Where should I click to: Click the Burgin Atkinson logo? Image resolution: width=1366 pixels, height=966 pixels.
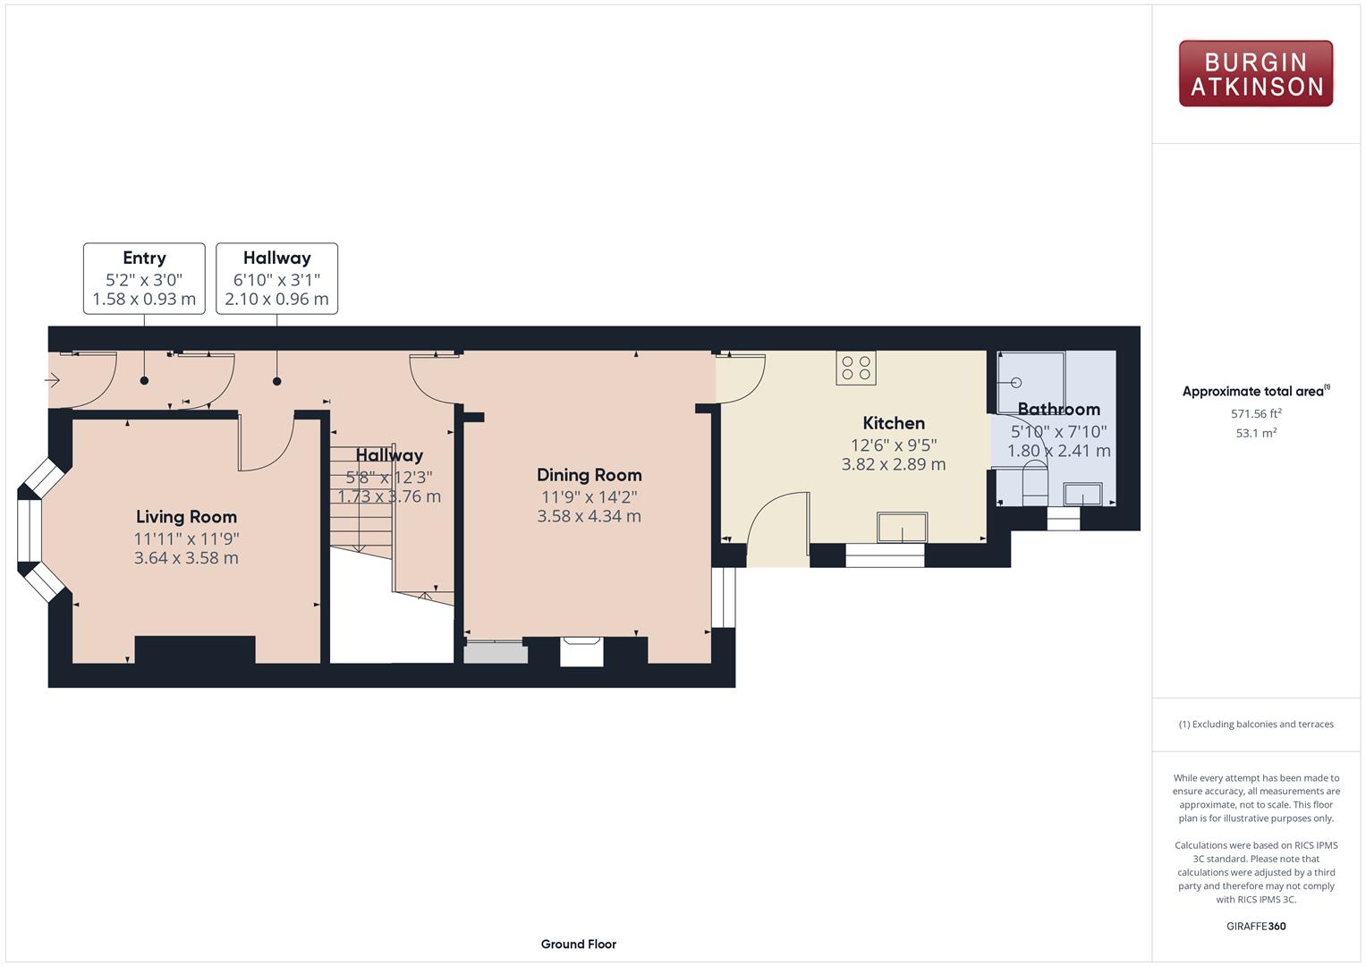coord(1256,73)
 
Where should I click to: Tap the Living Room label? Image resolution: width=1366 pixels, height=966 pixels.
coord(186,517)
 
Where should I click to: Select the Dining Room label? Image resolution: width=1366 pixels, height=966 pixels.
coord(590,475)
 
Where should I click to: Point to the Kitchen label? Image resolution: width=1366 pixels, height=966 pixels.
coord(894,423)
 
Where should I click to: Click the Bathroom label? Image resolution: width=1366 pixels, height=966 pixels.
coord(1058,410)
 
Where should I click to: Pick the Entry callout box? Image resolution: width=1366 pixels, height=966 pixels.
coord(144,279)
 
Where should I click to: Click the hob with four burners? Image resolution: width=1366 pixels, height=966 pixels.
coord(856,368)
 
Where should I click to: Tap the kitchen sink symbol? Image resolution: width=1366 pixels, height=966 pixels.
coord(902,527)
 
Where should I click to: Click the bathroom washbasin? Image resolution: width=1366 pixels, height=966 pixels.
coord(1082,494)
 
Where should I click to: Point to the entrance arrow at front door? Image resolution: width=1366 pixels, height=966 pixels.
coord(52,380)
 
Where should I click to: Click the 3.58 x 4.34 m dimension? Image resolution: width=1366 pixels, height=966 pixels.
coord(590,517)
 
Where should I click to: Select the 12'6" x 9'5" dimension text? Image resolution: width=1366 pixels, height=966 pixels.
coord(894,445)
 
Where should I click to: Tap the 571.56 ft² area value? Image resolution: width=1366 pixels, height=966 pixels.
coord(1256,413)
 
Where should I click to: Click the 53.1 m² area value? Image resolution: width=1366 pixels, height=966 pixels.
coord(1256,433)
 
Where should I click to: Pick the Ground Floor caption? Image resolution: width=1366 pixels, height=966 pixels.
coord(578,944)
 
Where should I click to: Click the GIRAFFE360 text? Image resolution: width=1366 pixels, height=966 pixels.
coord(1256,926)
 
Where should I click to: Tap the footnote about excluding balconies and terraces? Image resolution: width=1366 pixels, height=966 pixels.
coord(1256,724)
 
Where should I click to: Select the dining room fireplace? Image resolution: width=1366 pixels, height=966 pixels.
coord(581,651)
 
